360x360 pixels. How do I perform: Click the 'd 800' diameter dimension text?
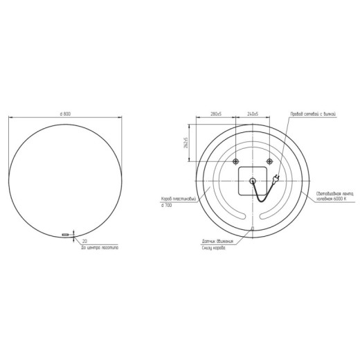(x=66, y=114)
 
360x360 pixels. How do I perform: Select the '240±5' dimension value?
(x=251, y=114)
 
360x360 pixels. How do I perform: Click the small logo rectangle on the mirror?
(x=66, y=235)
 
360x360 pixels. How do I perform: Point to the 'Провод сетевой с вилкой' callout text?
(x=313, y=114)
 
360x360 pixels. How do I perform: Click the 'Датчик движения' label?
(x=217, y=242)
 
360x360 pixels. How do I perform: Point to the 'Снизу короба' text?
(x=214, y=248)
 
